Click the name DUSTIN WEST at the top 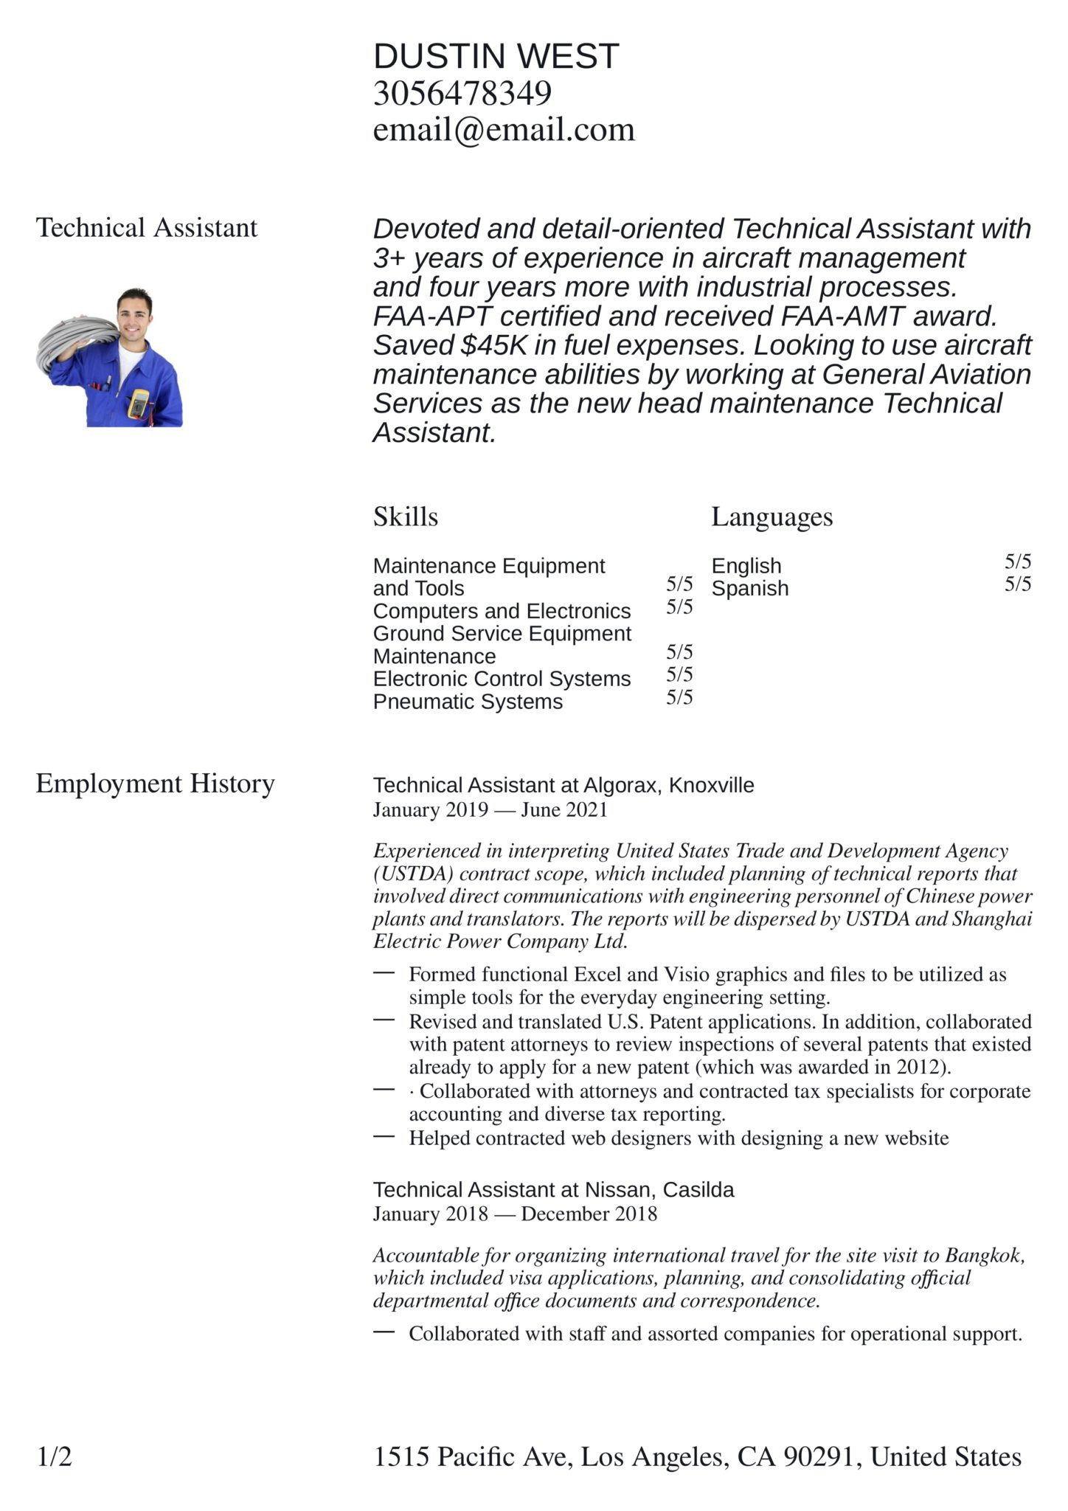click(496, 57)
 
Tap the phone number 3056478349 click(462, 94)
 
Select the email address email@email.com click(504, 130)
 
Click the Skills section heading click(405, 516)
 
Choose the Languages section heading click(771, 516)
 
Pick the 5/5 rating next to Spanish click(1017, 584)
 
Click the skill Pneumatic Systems click(468, 702)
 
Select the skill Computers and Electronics click(502, 612)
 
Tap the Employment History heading click(155, 784)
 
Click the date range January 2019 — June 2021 click(490, 810)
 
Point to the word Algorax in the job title click(623, 785)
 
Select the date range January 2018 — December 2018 click(514, 1214)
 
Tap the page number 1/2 click(55, 1457)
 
